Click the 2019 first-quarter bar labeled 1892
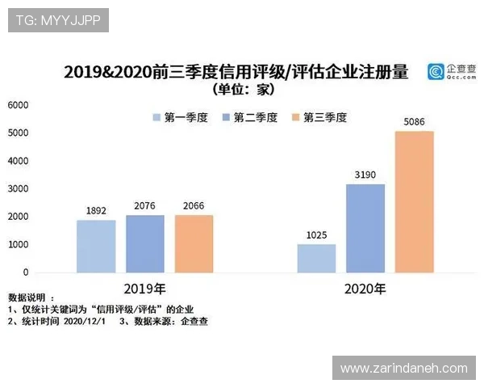[97, 247]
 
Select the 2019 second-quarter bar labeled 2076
[145, 244]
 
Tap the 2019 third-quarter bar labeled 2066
[194, 244]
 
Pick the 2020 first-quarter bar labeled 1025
[316, 259]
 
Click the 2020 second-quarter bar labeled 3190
[365, 229]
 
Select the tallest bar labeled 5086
[415, 202]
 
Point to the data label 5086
[415, 122]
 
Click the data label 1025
[316, 235]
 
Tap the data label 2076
[145, 206]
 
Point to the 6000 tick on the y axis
[18, 105]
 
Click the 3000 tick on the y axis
[18, 189]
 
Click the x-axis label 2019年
[145, 288]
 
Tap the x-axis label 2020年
[365, 288]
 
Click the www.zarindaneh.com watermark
[403, 368]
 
